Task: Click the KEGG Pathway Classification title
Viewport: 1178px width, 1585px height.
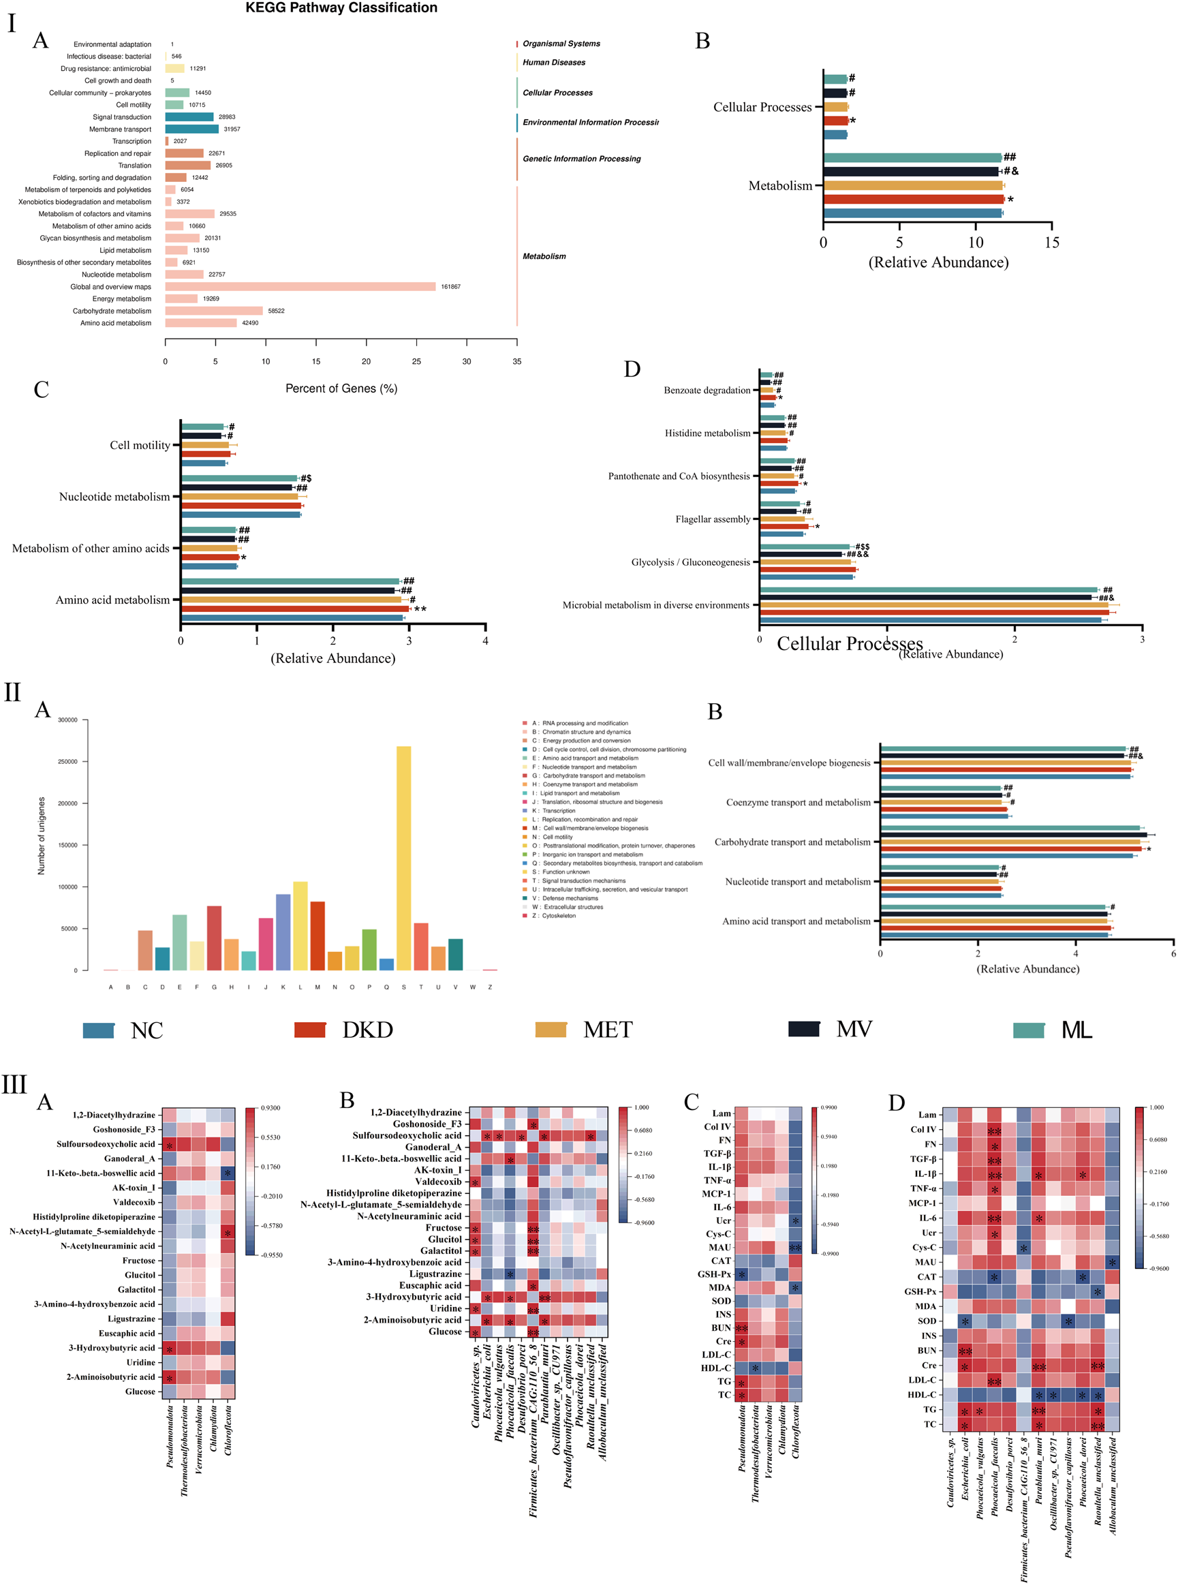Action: pyautogui.click(x=341, y=8)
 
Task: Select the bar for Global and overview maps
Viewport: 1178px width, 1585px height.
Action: pyautogui.click(x=300, y=287)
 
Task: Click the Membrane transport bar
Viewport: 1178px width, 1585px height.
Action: pyautogui.click(x=192, y=129)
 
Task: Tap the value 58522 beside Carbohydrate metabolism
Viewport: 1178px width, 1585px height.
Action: pyautogui.click(x=276, y=311)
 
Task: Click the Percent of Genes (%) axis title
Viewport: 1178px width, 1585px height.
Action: pyautogui.click(x=341, y=388)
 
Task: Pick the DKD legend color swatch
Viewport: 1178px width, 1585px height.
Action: pyautogui.click(x=309, y=1030)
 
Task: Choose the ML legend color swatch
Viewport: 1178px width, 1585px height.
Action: pyautogui.click(x=1028, y=1030)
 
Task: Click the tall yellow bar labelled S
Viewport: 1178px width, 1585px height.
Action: pyautogui.click(x=403, y=856)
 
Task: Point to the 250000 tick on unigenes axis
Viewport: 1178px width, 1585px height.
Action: pyautogui.click(x=67, y=761)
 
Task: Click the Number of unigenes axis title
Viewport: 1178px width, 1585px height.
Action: pyautogui.click(x=42, y=835)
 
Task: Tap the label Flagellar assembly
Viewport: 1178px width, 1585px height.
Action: pyautogui.click(x=713, y=519)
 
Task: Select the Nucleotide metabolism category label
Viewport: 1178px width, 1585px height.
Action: pyautogui.click(x=114, y=497)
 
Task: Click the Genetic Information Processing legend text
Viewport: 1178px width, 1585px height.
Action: pyautogui.click(x=581, y=159)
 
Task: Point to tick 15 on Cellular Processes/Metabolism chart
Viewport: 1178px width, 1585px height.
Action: pyautogui.click(x=1051, y=243)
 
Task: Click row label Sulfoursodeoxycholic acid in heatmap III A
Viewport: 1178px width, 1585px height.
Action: pyautogui.click(x=106, y=1143)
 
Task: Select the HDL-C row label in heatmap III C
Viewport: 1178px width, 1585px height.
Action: pyautogui.click(x=716, y=1368)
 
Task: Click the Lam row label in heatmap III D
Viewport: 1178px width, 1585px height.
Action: pyautogui.click(x=927, y=1114)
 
